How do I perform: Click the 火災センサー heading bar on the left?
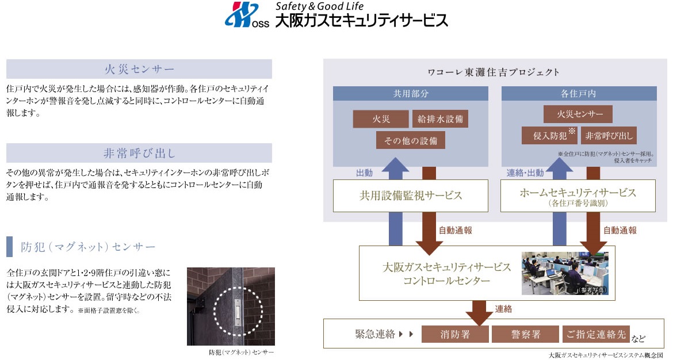(139, 69)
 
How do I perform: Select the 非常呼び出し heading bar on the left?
(139, 153)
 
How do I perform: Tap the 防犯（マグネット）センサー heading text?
(88, 247)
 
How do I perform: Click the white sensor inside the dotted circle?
(238, 311)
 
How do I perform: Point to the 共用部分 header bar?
(411, 93)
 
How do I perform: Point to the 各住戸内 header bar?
(579, 93)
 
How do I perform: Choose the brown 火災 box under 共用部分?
(381, 119)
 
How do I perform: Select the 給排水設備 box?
(440, 119)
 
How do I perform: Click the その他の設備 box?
(411, 140)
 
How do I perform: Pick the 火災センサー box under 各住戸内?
(578, 114)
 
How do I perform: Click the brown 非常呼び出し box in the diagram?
(609, 136)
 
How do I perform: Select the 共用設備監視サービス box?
(411, 195)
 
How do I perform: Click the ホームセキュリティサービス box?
(578, 195)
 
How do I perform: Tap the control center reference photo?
(564, 273)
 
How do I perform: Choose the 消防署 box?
(455, 334)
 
